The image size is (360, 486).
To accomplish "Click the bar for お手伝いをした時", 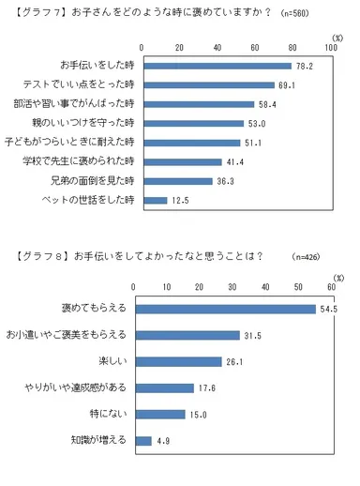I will [x=215, y=68].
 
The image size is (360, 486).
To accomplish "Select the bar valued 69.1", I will [x=206, y=86].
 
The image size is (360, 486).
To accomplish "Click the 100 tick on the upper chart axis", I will [x=328, y=47].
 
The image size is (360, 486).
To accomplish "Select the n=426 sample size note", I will [x=307, y=256].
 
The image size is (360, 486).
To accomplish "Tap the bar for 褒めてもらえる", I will [x=225, y=309].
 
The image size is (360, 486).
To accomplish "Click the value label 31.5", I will [x=252, y=335].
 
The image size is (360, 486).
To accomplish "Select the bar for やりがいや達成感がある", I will [x=164, y=387].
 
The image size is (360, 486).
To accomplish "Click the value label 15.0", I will [x=199, y=415].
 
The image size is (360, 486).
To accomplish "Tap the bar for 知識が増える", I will [x=143, y=441].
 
